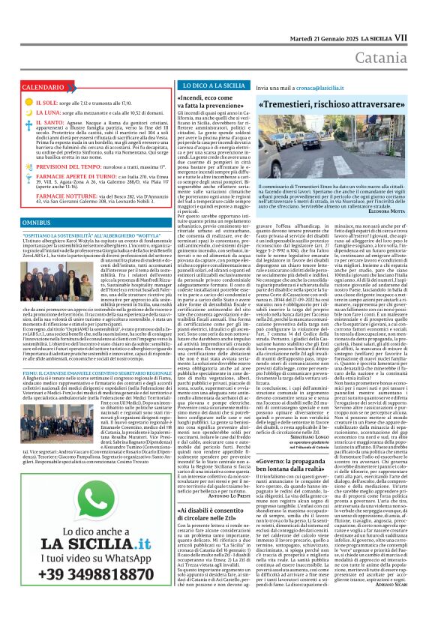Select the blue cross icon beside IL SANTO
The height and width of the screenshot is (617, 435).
(28, 121)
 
